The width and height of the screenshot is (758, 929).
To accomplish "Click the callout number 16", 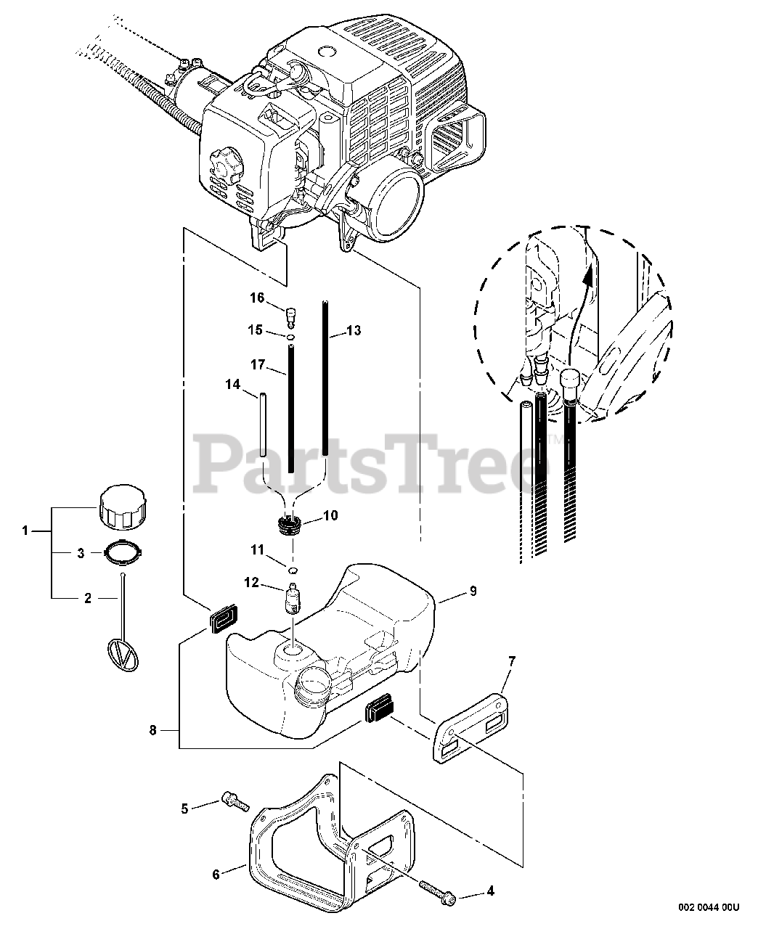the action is (257, 298).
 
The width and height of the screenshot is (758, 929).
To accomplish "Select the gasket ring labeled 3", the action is (123, 553).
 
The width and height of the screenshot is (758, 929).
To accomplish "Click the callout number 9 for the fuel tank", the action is (473, 591).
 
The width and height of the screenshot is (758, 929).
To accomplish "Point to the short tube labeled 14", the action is (262, 425).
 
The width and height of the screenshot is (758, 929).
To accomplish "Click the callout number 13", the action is (354, 330).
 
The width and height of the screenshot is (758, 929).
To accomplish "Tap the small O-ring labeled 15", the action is (291, 337).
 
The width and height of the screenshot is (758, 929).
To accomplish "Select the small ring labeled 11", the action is (291, 570).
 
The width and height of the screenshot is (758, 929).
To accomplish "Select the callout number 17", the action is (258, 365).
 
